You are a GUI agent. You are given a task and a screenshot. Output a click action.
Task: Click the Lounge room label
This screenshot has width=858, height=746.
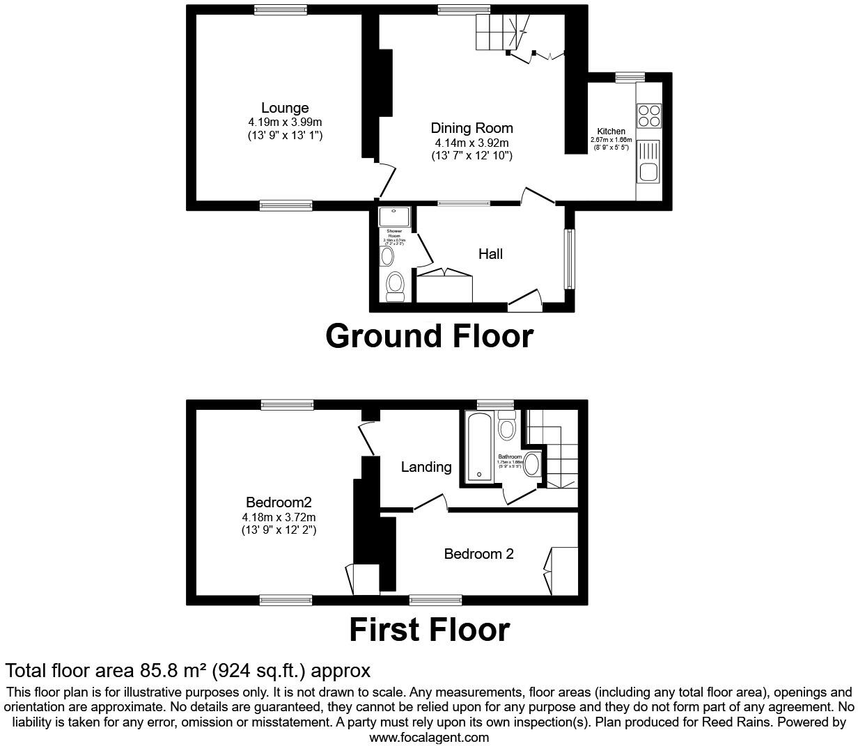285,108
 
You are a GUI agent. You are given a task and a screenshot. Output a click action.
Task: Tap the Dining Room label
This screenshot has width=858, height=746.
471,128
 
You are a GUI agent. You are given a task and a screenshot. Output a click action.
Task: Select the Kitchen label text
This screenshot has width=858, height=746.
611,132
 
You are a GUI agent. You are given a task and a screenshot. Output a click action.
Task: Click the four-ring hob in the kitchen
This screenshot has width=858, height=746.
648,116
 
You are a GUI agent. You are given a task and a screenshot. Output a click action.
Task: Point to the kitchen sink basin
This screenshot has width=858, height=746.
648,172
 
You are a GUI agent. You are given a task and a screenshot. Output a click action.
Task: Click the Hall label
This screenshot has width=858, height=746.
490,254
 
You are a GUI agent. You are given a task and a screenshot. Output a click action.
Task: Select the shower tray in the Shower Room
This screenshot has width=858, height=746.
396,216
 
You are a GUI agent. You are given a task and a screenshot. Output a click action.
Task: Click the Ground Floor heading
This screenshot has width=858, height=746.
429,336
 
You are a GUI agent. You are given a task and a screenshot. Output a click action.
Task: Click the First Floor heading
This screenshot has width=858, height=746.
429,630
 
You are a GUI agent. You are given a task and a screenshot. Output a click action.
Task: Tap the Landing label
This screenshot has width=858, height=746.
426,467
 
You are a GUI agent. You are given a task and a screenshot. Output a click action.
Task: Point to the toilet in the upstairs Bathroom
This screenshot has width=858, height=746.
507,426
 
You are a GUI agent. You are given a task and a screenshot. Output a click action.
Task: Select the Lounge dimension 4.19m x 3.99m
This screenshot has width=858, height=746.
285,122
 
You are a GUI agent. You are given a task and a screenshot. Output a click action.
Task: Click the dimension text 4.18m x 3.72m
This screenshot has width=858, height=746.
279,517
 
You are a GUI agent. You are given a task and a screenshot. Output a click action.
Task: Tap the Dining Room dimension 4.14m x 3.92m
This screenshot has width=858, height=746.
471,143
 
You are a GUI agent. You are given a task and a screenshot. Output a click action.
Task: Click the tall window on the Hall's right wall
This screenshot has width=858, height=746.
569,258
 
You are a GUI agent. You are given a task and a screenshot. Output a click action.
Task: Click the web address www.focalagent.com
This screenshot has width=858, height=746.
429,737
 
